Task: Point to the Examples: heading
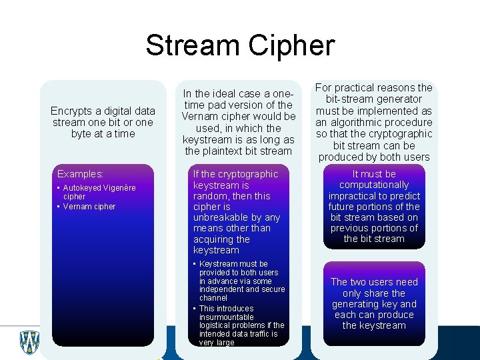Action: (81, 173)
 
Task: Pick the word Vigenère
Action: (121, 188)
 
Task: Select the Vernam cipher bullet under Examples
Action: (89, 206)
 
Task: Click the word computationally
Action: (374, 185)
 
